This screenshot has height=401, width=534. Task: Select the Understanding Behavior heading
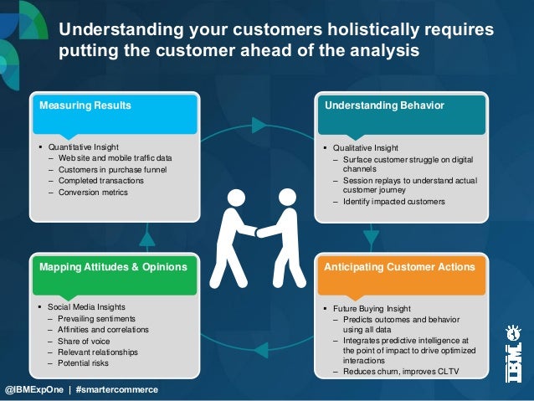pyautogui.click(x=384, y=106)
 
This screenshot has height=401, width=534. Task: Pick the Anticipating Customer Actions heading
pyautogui.click(x=399, y=267)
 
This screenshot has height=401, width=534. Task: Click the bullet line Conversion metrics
pyautogui.click(x=93, y=192)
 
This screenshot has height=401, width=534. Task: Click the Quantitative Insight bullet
pyautogui.click(x=84, y=147)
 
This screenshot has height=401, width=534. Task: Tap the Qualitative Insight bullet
pyautogui.click(x=365, y=147)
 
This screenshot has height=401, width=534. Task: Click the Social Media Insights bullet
pyautogui.click(x=88, y=307)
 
